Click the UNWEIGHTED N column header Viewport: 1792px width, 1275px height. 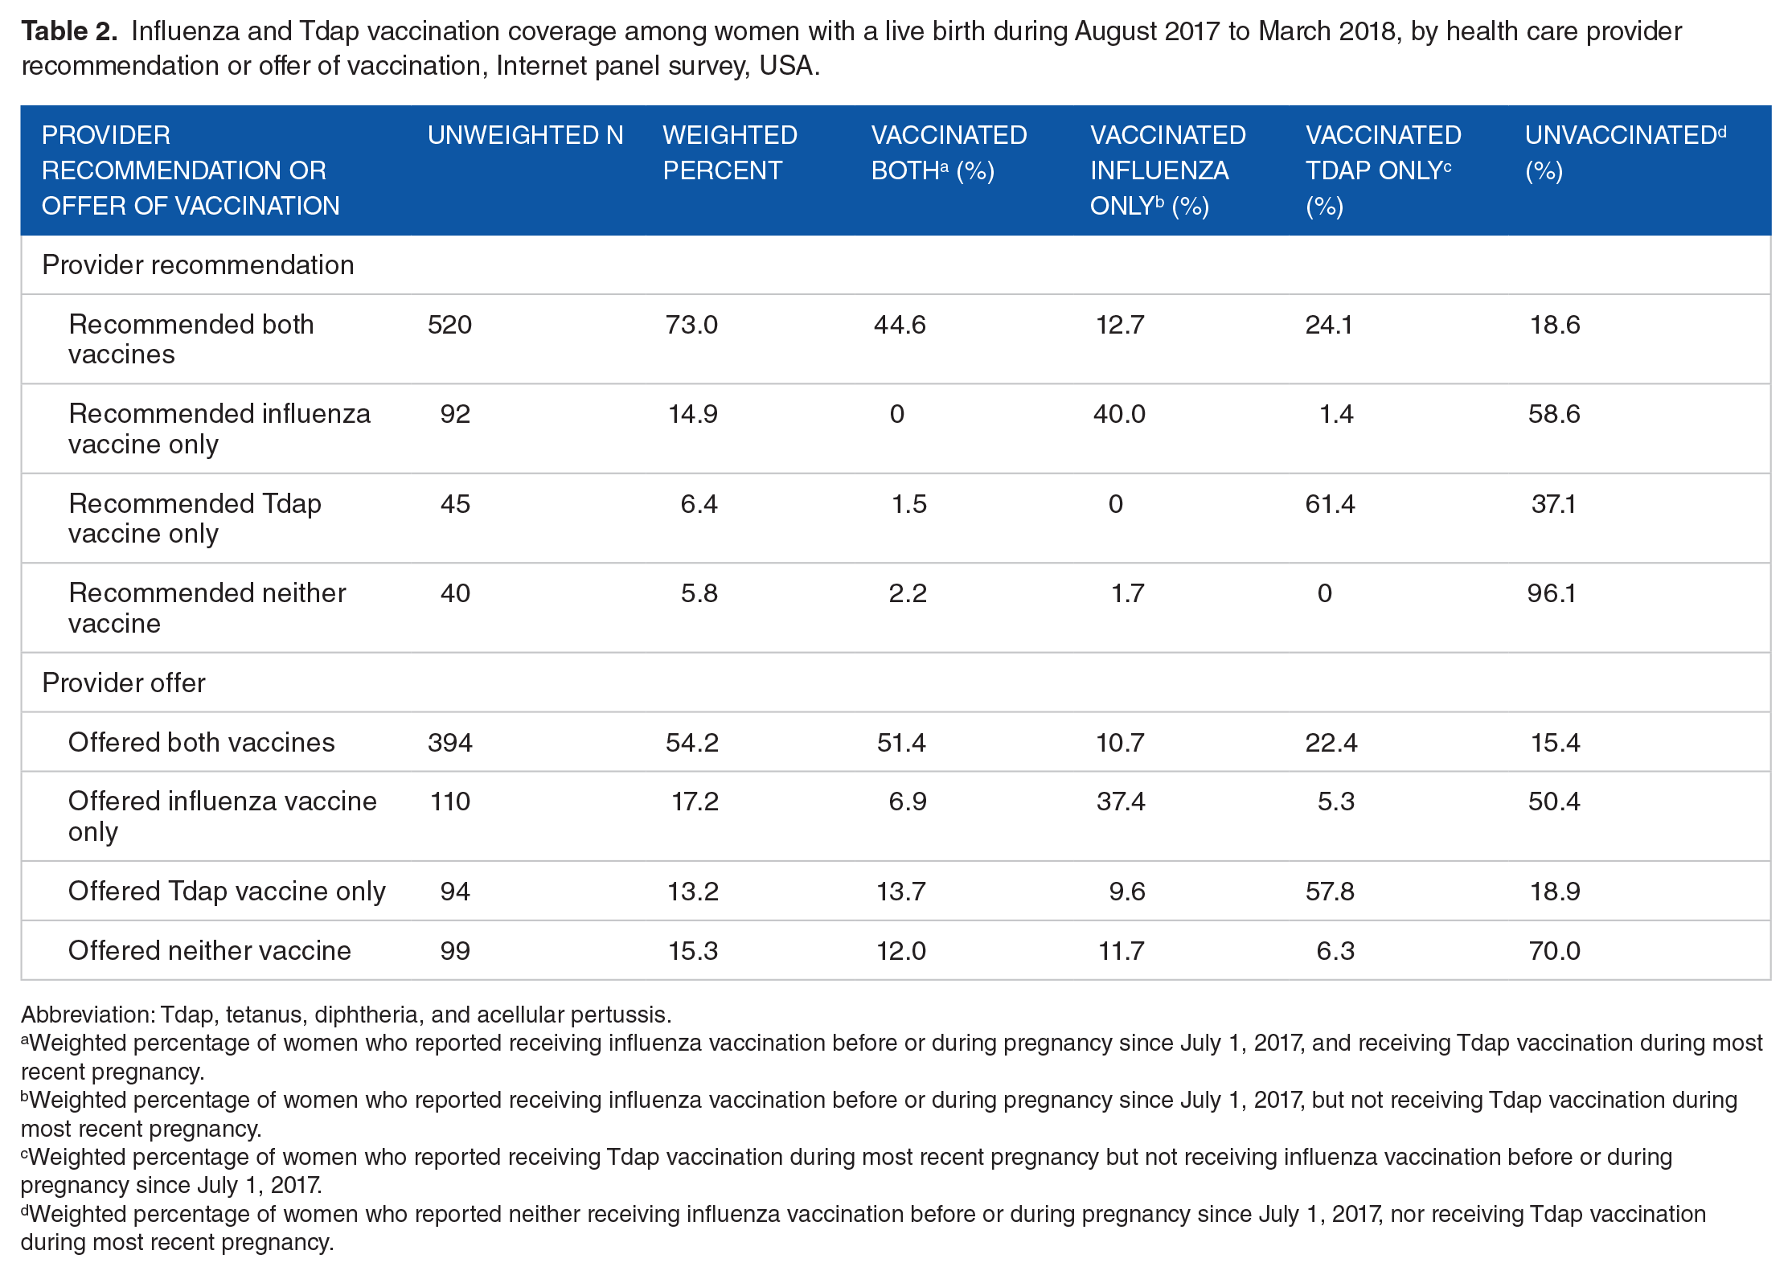click(x=525, y=135)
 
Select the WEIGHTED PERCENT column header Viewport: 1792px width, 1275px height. click(x=730, y=153)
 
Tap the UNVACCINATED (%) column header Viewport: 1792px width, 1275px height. click(x=1626, y=153)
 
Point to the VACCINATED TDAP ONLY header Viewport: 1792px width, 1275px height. click(x=1384, y=170)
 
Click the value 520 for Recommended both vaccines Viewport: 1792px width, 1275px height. click(x=450, y=325)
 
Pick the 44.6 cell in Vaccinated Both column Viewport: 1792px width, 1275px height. click(x=900, y=325)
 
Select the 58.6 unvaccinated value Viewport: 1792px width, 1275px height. click(x=1554, y=414)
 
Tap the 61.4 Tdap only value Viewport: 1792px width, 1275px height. click(x=1330, y=504)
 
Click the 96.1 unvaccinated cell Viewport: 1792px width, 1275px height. click(x=1552, y=593)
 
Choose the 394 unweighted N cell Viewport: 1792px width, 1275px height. click(x=450, y=743)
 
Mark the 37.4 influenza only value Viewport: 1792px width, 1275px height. click(x=1121, y=801)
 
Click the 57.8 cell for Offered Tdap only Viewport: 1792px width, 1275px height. click(x=1330, y=892)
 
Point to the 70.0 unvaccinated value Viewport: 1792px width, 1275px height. click(x=1554, y=951)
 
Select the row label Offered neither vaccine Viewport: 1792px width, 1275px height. click(x=210, y=951)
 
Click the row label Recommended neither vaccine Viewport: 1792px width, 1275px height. click(x=207, y=608)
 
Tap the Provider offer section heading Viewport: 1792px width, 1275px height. click(x=124, y=683)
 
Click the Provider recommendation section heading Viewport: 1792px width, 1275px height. click(x=198, y=265)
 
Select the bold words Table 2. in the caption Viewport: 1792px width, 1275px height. click(x=69, y=31)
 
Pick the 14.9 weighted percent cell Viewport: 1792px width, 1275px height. click(x=693, y=414)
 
